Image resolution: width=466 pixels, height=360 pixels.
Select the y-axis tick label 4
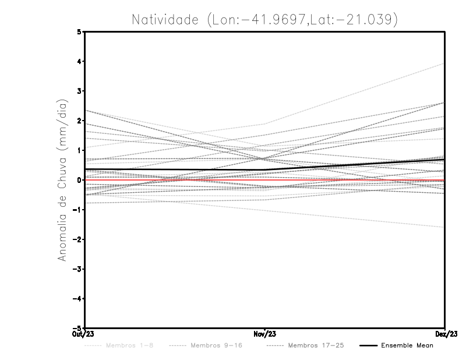[79, 61]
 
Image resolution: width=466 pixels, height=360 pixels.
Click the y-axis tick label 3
[79, 91]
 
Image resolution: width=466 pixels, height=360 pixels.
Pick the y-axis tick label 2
[79, 121]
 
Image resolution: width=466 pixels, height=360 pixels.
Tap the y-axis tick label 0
[79, 179]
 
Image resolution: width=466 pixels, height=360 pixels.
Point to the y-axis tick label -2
[77, 239]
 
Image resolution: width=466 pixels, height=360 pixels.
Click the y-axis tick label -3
[77, 269]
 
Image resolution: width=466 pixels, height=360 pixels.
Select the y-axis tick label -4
[77, 298]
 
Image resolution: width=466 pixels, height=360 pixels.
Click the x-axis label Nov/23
[265, 334]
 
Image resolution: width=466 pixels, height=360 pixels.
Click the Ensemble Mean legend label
[407, 346]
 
